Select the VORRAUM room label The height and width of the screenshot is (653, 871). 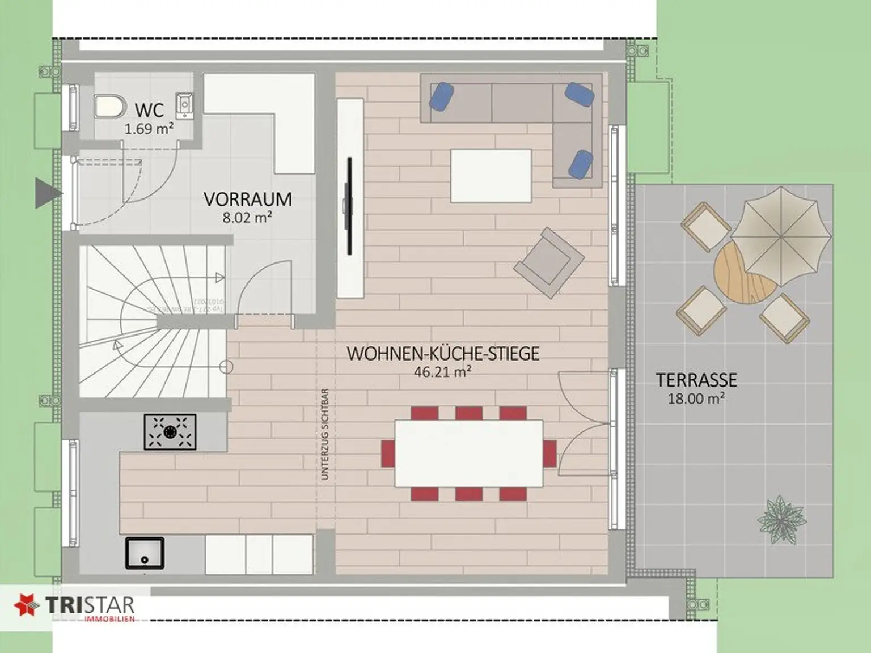pyautogui.click(x=248, y=200)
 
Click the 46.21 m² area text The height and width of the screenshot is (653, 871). pyautogui.click(x=443, y=372)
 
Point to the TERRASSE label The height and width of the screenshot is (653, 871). pyautogui.click(x=696, y=379)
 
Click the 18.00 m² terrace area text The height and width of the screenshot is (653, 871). pyautogui.click(x=696, y=398)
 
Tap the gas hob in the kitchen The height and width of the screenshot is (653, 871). pyautogui.click(x=170, y=432)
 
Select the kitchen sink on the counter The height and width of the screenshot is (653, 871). pyautogui.click(x=145, y=553)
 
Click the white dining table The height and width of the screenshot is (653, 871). pyautogui.click(x=468, y=453)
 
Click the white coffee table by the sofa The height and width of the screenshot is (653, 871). pyautogui.click(x=491, y=175)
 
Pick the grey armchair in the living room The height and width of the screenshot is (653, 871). pyautogui.click(x=548, y=262)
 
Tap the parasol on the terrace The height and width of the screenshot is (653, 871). pyautogui.click(x=781, y=236)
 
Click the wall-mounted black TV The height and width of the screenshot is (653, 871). pyautogui.click(x=349, y=206)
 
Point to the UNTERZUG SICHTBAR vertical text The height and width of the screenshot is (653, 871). pyautogui.click(x=325, y=434)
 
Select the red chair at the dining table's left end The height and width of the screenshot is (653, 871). pyautogui.click(x=388, y=453)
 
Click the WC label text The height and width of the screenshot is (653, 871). pyautogui.click(x=149, y=109)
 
